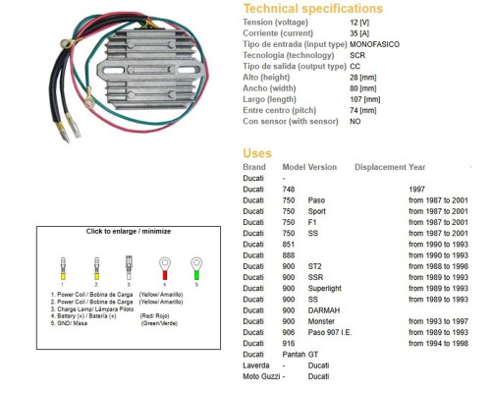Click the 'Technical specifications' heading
[x=313, y=9]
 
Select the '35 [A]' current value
[x=359, y=33]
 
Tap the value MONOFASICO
[x=374, y=44]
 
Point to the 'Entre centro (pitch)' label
[x=279, y=110]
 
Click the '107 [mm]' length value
[x=364, y=99]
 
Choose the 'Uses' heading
[x=257, y=153]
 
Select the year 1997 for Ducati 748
[x=416, y=190]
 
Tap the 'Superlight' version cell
[x=324, y=288]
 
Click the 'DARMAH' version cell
[x=324, y=310]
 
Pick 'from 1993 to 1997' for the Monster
[x=438, y=321]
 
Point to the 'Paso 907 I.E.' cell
[x=330, y=332]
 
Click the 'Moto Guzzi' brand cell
[x=261, y=376]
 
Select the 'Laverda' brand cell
[x=256, y=365]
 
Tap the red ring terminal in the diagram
[x=165, y=268]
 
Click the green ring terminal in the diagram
[x=196, y=268]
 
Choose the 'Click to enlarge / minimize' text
[x=129, y=231]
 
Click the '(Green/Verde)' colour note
[x=159, y=323]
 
